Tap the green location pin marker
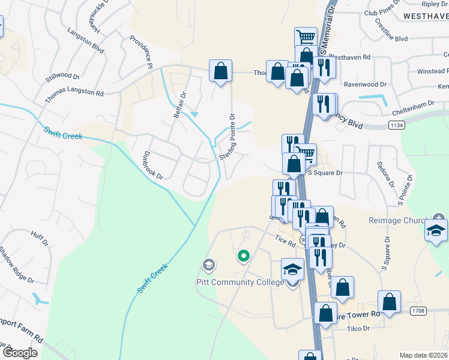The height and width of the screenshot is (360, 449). click(243, 257)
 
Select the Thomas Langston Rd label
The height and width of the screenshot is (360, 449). click(74, 94)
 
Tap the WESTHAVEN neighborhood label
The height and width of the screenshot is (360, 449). click(426, 16)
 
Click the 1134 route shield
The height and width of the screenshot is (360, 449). click(396, 125)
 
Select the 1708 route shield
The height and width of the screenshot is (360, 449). click(419, 311)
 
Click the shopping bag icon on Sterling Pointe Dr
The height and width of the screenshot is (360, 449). click(220, 71)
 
